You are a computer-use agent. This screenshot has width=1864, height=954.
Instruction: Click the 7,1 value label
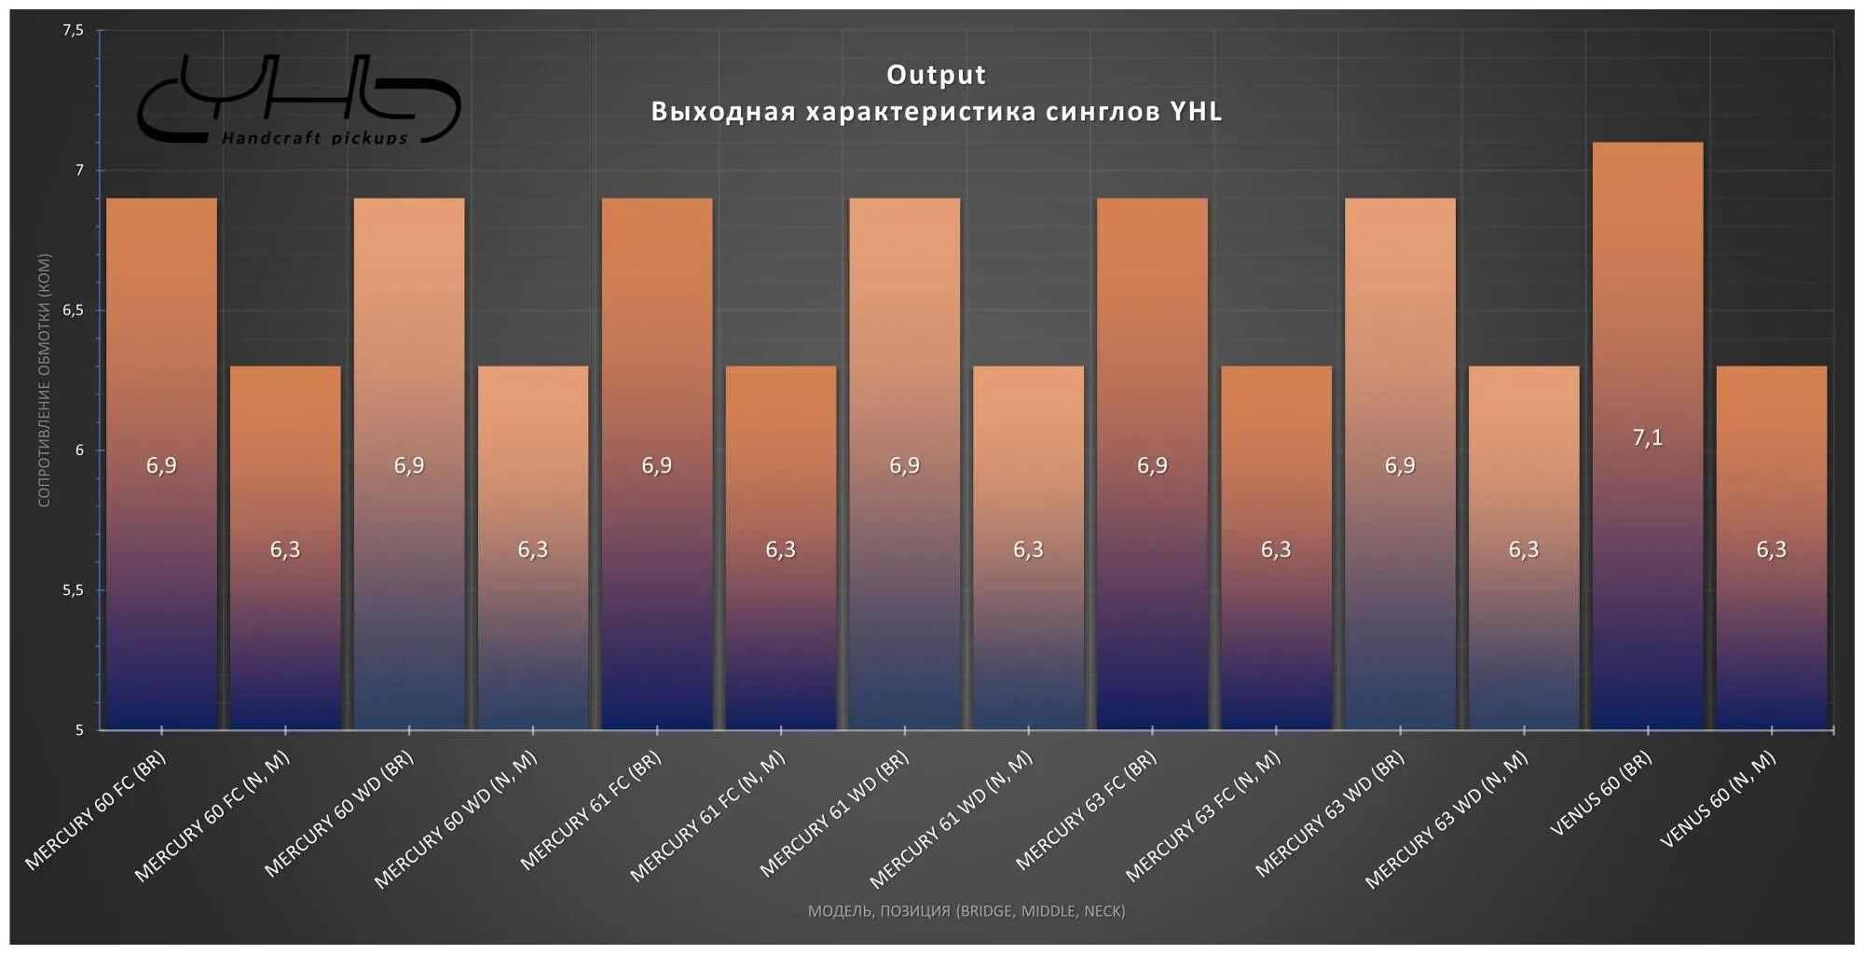tap(1647, 437)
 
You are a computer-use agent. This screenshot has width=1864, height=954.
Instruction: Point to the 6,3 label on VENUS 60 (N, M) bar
tap(1771, 549)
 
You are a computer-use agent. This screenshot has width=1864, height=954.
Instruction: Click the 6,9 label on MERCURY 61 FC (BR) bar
tap(656, 465)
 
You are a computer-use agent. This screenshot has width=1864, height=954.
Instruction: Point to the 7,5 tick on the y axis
tap(73, 31)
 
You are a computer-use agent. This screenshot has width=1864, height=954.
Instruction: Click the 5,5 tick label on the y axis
tap(73, 590)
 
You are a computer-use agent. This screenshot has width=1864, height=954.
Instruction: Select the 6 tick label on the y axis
tap(79, 450)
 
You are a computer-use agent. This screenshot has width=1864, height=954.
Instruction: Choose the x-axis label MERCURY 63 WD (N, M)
tap(1446, 820)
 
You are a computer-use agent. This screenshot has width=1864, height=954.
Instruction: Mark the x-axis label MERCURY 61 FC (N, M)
tap(707, 817)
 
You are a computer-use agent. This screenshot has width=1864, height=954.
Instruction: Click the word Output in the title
tap(936, 75)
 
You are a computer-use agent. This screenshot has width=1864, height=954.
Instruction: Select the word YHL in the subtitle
tap(1196, 112)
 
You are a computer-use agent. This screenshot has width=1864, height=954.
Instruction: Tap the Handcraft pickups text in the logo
tap(314, 139)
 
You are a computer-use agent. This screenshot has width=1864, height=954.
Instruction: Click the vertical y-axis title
tap(44, 380)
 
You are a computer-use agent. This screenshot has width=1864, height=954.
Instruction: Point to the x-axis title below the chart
tap(966, 911)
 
